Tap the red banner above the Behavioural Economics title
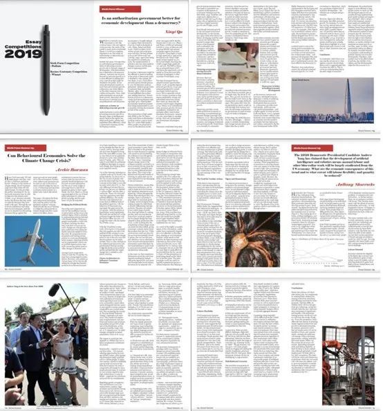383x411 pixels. click(x=21, y=145)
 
